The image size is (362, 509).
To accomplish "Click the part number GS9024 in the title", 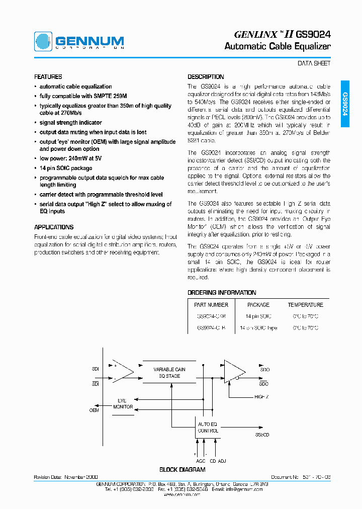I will [313, 34].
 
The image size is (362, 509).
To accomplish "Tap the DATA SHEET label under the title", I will [314, 63].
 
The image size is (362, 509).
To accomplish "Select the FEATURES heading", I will [48, 77].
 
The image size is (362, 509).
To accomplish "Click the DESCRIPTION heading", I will [206, 77].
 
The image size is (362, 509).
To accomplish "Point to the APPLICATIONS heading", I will [53, 227].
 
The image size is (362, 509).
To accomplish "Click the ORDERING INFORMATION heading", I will [222, 292].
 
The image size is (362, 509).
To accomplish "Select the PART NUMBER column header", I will [211, 305].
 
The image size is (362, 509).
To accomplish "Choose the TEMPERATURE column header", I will [305, 305].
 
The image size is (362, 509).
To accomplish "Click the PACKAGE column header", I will [258, 305].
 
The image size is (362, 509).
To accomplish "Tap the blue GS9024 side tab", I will [345, 104].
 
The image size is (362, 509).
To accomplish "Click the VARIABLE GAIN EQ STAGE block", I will [169, 372].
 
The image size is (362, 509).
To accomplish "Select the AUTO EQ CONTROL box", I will [208, 428].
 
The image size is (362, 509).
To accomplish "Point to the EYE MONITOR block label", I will [123, 403].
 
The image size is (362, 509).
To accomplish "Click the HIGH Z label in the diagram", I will [261, 397].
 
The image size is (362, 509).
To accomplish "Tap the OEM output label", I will [94, 410].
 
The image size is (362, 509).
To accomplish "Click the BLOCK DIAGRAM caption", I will [182, 470].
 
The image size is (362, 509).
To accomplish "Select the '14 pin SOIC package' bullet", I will [66, 168].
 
